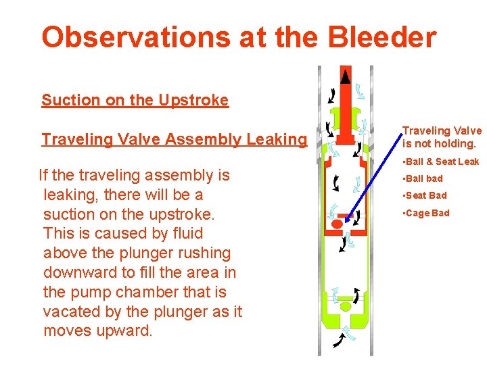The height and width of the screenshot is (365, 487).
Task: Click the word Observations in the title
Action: pyautogui.click(x=135, y=38)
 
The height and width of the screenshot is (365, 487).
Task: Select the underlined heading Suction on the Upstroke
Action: pyautogui.click(x=135, y=101)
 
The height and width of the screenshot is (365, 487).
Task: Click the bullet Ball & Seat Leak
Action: pyautogui.click(x=441, y=162)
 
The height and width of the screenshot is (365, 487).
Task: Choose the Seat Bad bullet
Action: pyautogui.click(x=425, y=195)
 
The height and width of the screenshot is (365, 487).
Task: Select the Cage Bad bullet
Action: pyautogui.click(x=426, y=213)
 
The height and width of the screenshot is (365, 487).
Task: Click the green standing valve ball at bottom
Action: pyautogui.click(x=346, y=306)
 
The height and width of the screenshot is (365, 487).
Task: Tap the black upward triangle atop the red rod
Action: pyautogui.click(x=346, y=74)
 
